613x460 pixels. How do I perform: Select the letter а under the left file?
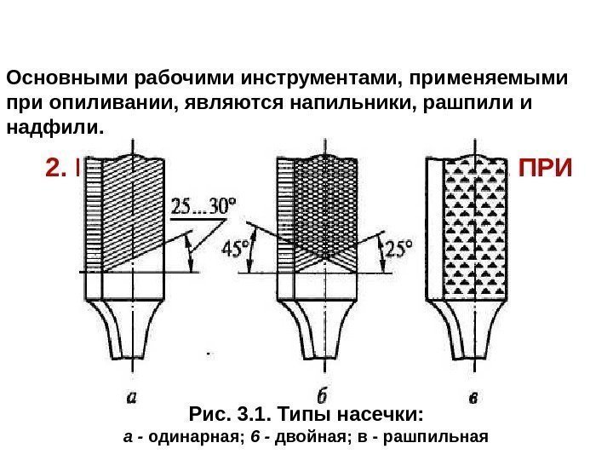point(131,396)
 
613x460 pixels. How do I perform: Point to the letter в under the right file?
point(473,397)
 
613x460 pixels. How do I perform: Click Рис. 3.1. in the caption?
point(224,416)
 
